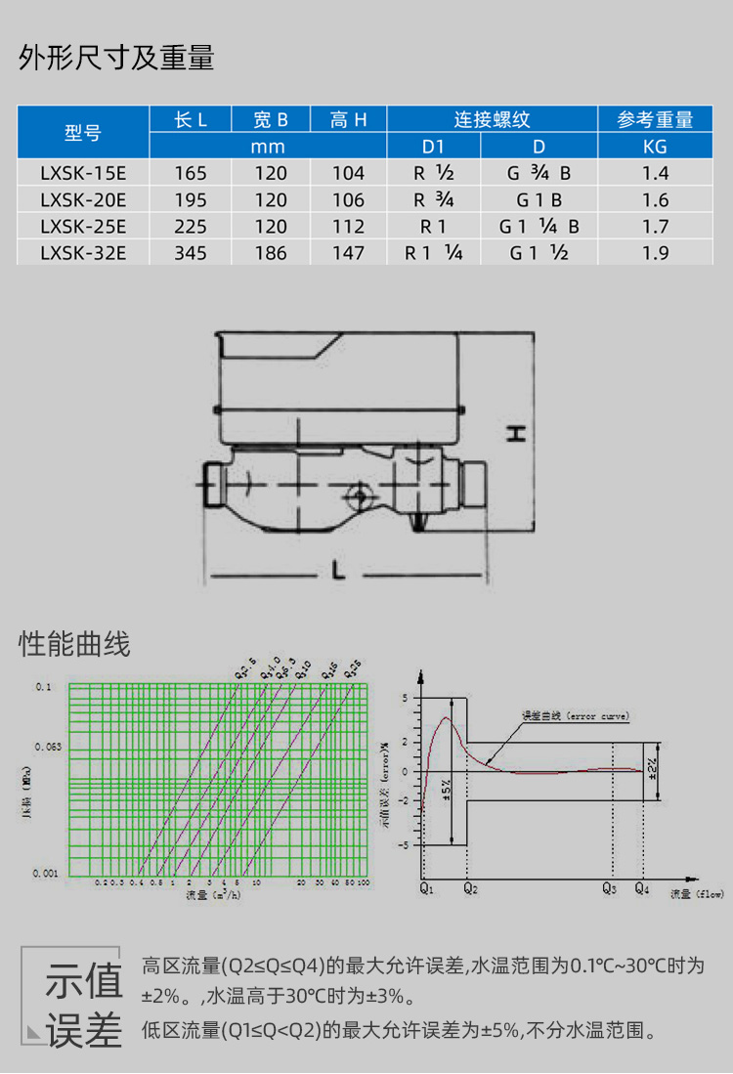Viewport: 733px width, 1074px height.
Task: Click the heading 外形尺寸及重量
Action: point(116,59)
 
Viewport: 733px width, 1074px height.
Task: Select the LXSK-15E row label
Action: point(83,173)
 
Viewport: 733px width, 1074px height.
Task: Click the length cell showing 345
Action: point(190,253)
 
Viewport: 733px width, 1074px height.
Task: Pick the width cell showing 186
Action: point(270,253)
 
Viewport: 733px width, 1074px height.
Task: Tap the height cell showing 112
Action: point(347,227)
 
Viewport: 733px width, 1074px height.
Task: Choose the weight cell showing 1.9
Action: point(656,253)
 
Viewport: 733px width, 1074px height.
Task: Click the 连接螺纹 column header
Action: point(492,120)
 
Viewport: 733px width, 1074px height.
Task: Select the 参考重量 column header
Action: point(656,120)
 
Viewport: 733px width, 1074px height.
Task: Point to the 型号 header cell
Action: point(83,133)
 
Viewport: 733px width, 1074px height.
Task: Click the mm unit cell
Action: point(268,147)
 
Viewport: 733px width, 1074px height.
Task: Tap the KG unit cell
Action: point(656,147)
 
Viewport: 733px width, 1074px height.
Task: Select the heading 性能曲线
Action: point(74,645)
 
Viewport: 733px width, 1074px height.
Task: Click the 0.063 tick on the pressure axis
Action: point(48,746)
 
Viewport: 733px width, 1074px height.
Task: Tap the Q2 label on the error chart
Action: point(469,890)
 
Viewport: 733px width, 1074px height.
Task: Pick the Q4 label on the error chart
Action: point(642,890)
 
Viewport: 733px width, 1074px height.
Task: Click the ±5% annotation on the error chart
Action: point(445,790)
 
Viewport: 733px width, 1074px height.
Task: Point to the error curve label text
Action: point(576,716)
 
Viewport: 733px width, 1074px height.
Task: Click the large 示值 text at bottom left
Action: point(84,981)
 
